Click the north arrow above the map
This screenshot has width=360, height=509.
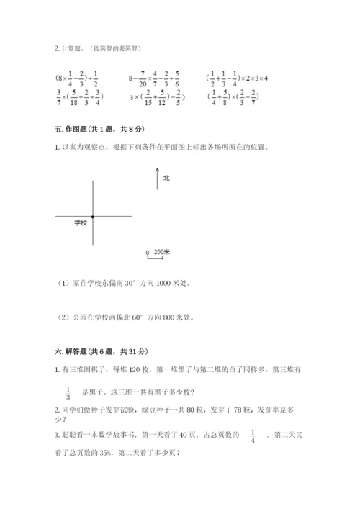[x=156, y=179]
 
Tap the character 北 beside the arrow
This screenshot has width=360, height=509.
[x=166, y=177]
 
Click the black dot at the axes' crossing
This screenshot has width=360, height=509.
[x=93, y=216]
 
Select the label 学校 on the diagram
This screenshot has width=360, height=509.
[x=80, y=224]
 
